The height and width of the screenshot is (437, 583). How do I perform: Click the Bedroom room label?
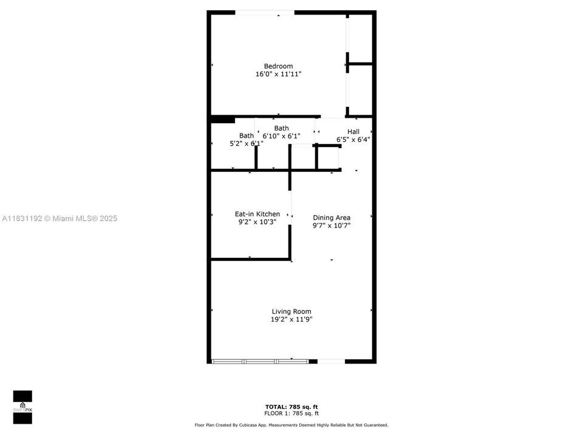click(278, 66)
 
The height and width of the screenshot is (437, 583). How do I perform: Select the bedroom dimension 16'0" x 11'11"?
click(278, 74)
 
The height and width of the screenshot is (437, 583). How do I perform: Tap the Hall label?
click(353, 132)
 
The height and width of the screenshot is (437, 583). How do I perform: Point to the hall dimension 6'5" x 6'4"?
click(353, 140)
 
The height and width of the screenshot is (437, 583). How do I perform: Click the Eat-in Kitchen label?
click(257, 214)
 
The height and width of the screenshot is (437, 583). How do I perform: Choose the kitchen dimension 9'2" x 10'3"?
click(257, 222)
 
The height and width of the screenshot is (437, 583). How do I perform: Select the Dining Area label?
click(332, 217)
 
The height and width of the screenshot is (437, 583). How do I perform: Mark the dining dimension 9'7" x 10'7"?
click(332, 225)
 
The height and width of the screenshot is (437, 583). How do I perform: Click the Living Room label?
click(291, 311)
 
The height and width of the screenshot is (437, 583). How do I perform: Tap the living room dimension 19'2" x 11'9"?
click(291, 319)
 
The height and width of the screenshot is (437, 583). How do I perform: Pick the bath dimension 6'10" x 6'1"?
click(282, 136)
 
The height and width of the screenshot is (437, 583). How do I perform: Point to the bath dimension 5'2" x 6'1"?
click(246, 144)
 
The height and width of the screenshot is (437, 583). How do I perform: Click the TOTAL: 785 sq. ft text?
click(291, 407)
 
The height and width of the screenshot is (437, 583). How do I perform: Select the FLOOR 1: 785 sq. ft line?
click(291, 413)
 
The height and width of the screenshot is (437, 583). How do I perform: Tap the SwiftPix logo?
click(22, 402)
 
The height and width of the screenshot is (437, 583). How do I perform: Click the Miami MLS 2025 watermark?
click(60, 218)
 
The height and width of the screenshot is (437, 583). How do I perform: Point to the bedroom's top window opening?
click(265, 12)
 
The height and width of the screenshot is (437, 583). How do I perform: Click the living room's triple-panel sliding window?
click(260, 361)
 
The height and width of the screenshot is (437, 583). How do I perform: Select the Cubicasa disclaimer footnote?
click(291, 425)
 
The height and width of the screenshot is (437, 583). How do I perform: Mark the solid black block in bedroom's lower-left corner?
click(222, 119)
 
